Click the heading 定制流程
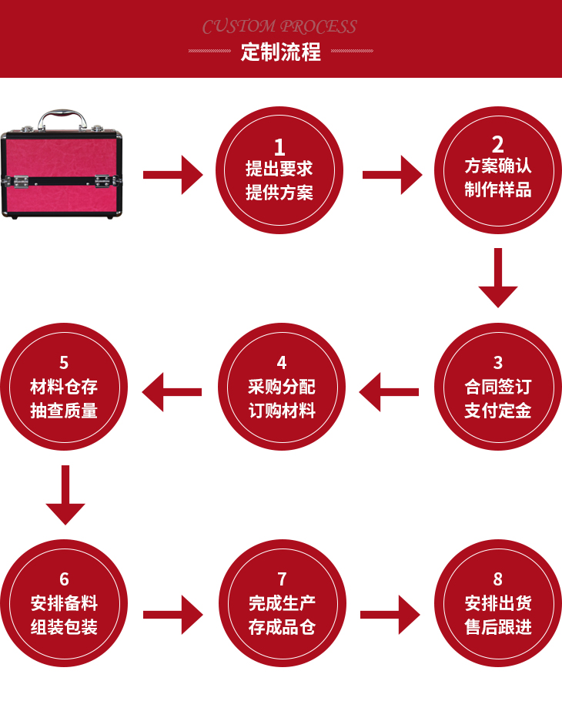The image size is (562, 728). click(x=280, y=52)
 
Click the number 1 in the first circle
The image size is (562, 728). click(x=279, y=147)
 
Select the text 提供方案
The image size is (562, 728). click(x=279, y=193)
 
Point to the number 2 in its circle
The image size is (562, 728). click(x=498, y=144)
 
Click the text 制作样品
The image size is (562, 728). click(x=498, y=190)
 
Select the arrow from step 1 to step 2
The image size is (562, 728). click(x=392, y=175)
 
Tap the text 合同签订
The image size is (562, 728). click(x=498, y=387)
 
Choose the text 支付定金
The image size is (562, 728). click(x=498, y=411)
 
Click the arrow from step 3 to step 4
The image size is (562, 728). click(x=389, y=392)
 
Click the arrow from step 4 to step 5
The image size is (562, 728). click(x=172, y=392)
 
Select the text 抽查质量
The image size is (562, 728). click(x=64, y=411)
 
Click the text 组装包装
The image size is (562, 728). click(x=64, y=627)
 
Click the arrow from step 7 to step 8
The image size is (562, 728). click(x=390, y=614)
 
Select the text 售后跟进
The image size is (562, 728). click(x=498, y=627)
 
